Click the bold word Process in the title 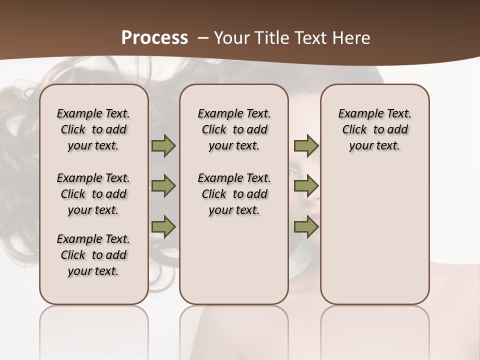155,37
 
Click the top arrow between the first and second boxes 163,146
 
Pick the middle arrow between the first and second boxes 163,186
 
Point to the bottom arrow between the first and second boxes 163,227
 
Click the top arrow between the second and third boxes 306,146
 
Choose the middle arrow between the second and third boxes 306,186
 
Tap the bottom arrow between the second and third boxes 306,227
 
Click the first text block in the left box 93,129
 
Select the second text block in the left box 93,194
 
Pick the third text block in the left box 93,255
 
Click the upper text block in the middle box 234,129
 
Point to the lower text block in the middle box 234,194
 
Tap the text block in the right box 374,129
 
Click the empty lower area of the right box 374,240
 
